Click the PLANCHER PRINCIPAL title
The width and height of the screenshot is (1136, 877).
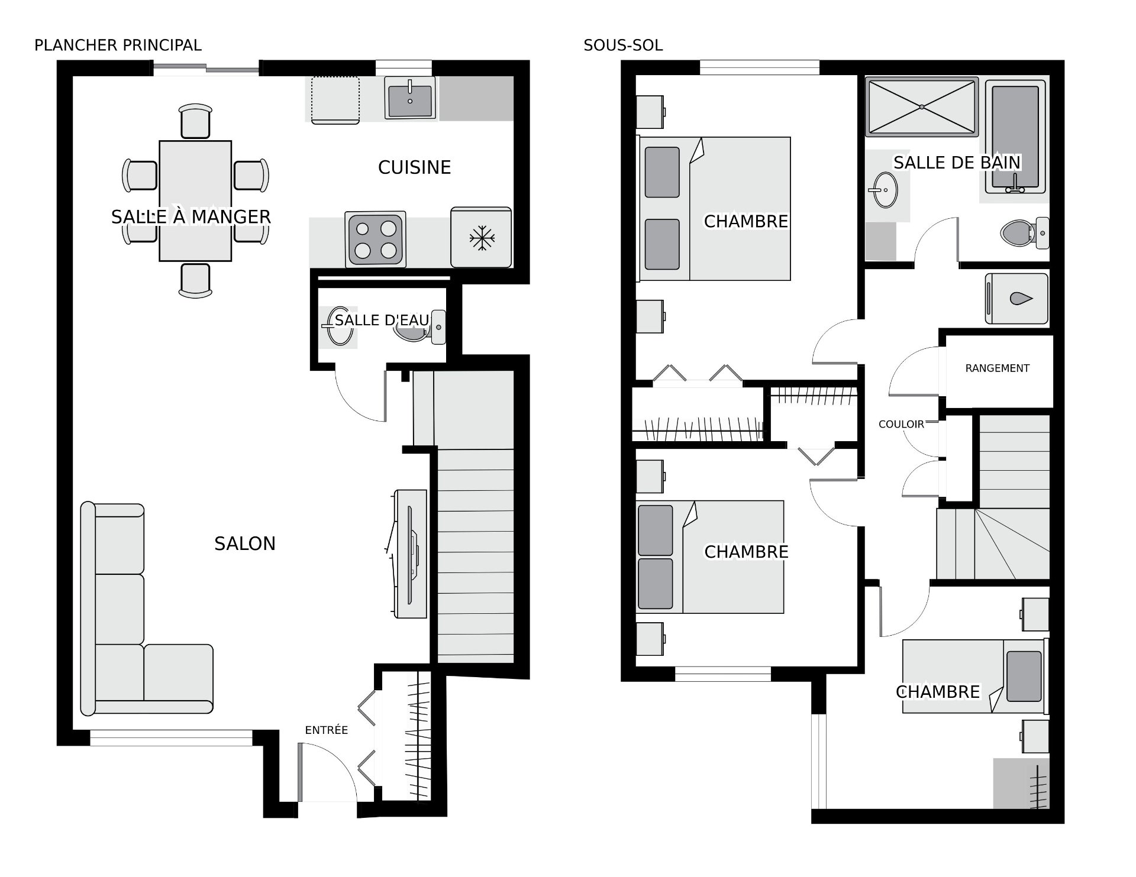pyautogui.click(x=118, y=45)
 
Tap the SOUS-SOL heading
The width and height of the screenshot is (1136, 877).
pyautogui.click(x=623, y=45)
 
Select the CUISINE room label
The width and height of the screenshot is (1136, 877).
pyautogui.click(x=414, y=167)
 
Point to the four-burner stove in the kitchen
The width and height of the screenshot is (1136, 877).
pyautogui.click(x=376, y=239)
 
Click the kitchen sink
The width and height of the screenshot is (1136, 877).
pyautogui.click(x=410, y=97)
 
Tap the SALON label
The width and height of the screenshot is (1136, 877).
pyautogui.click(x=245, y=543)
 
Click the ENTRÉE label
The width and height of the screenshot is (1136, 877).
pyautogui.click(x=326, y=730)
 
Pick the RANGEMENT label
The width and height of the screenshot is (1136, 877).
pyautogui.click(x=997, y=368)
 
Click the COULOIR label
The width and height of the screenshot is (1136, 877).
pyautogui.click(x=901, y=424)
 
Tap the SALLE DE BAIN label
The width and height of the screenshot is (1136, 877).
pyautogui.click(x=957, y=163)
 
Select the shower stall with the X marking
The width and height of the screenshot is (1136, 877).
pyautogui.click(x=922, y=106)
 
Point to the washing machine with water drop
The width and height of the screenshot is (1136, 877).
pyautogui.click(x=1016, y=298)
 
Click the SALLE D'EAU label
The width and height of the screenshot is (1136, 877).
pyautogui.click(x=382, y=320)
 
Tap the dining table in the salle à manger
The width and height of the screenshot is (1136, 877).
pyautogui.click(x=195, y=201)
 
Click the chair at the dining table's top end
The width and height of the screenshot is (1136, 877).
pyautogui.click(x=195, y=121)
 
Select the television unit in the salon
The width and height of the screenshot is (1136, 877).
pyautogui.click(x=409, y=554)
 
